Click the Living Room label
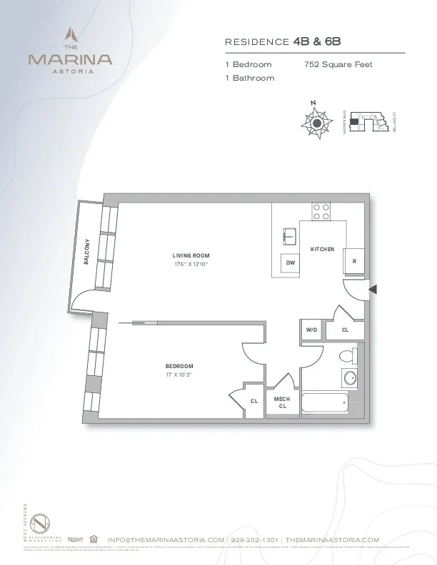pos(191,255)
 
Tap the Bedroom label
pos(179,365)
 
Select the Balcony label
pos(86,251)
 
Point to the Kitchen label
pos(322,248)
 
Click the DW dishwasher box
pos(290,263)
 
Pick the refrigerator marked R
pos(353,261)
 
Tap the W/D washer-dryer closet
pos(311,330)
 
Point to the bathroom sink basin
pos(351,377)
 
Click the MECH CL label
pos(282,402)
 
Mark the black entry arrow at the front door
pos(371,288)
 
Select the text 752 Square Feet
pos(338,64)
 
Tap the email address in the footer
pos(166,540)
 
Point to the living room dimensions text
pos(191,265)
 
